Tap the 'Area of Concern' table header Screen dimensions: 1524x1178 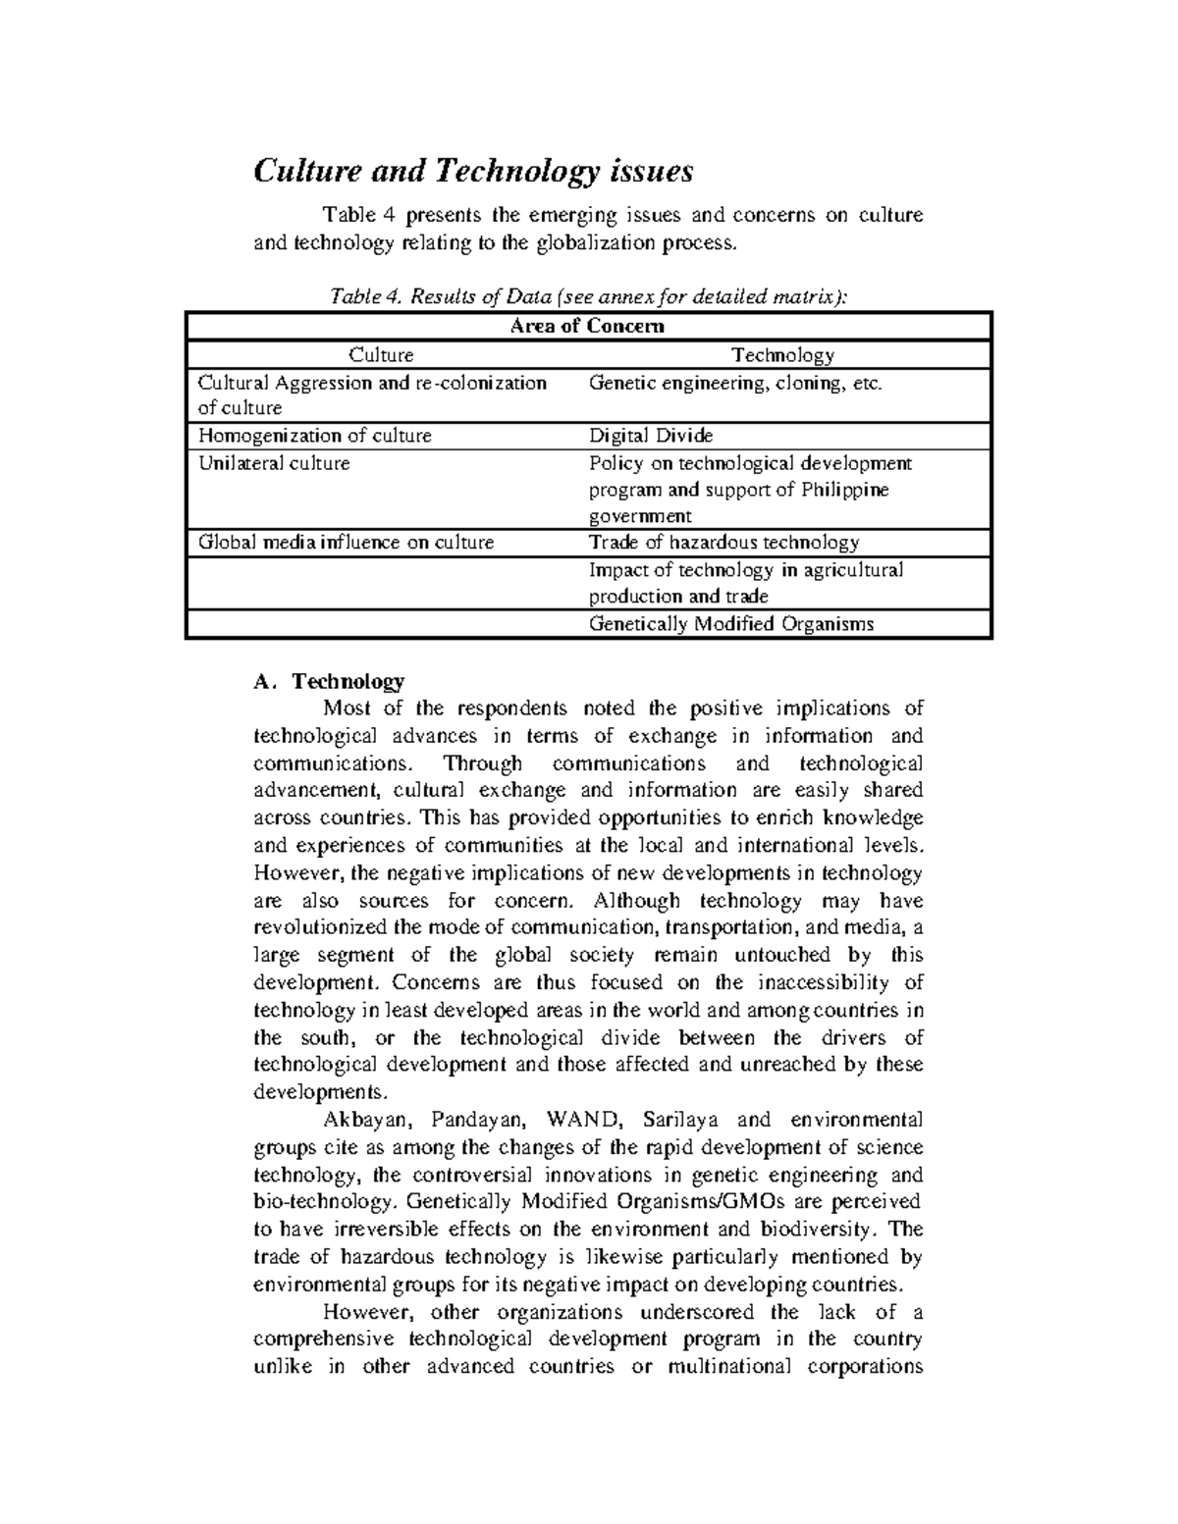click(x=588, y=326)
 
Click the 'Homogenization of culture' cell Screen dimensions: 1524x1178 click(x=314, y=435)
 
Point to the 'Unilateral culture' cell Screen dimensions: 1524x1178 click(x=274, y=462)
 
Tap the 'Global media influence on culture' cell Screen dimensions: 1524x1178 click(x=346, y=542)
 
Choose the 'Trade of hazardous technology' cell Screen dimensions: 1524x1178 click(x=723, y=542)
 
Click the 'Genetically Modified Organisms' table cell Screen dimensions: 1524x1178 click(x=730, y=623)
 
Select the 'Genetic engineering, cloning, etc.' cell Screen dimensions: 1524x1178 click(x=735, y=383)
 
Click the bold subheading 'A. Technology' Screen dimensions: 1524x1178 click(x=329, y=681)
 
